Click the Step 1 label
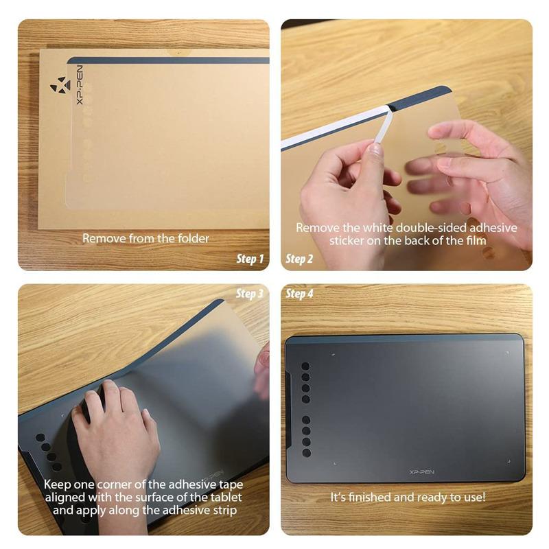point(250,259)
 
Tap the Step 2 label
point(299,259)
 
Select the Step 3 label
point(249,294)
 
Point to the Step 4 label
point(299,294)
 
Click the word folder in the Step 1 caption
point(194,238)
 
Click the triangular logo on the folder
point(60,85)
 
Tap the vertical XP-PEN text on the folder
point(80,85)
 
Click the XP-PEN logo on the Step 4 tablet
point(421,472)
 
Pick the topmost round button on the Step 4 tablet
point(305,366)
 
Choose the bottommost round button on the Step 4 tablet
point(306,453)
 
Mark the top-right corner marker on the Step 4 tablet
point(507,353)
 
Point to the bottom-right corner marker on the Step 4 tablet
point(509,462)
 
